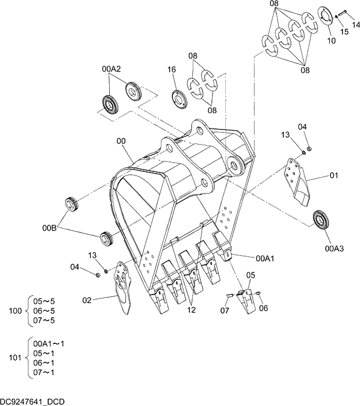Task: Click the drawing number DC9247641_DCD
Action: click(33, 401)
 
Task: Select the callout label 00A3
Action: click(334, 248)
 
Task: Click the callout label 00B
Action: click(49, 229)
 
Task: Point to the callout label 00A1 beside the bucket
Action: click(265, 256)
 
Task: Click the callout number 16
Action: click(172, 69)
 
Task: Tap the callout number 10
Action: click(332, 40)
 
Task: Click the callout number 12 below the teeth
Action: click(191, 310)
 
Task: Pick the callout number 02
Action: click(87, 300)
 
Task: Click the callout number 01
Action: click(334, 174)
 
